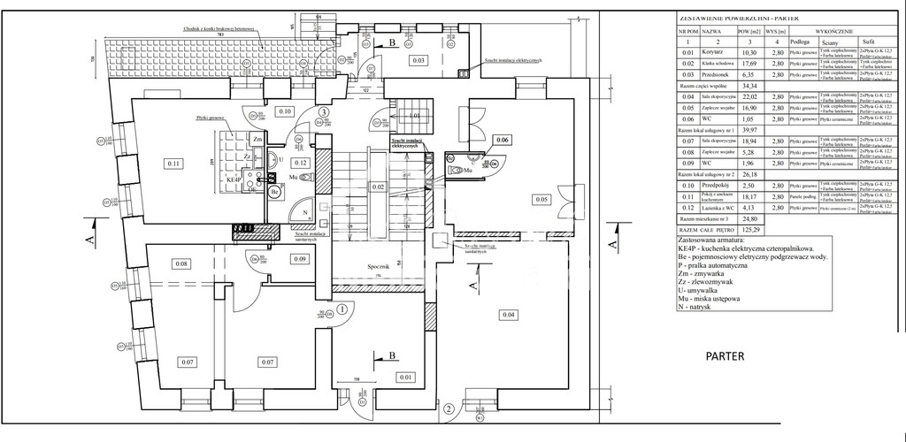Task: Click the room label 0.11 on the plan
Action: coord(173,163)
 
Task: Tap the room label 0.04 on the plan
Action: coord(509,316)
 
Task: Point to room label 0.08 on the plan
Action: coord(182,264)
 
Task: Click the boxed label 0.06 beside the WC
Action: coord(502,141)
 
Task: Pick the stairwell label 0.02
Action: coord(378,187)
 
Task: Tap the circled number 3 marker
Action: coord(325,112)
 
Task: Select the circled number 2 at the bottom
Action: coord(449,408)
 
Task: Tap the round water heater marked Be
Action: coord(275,190)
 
